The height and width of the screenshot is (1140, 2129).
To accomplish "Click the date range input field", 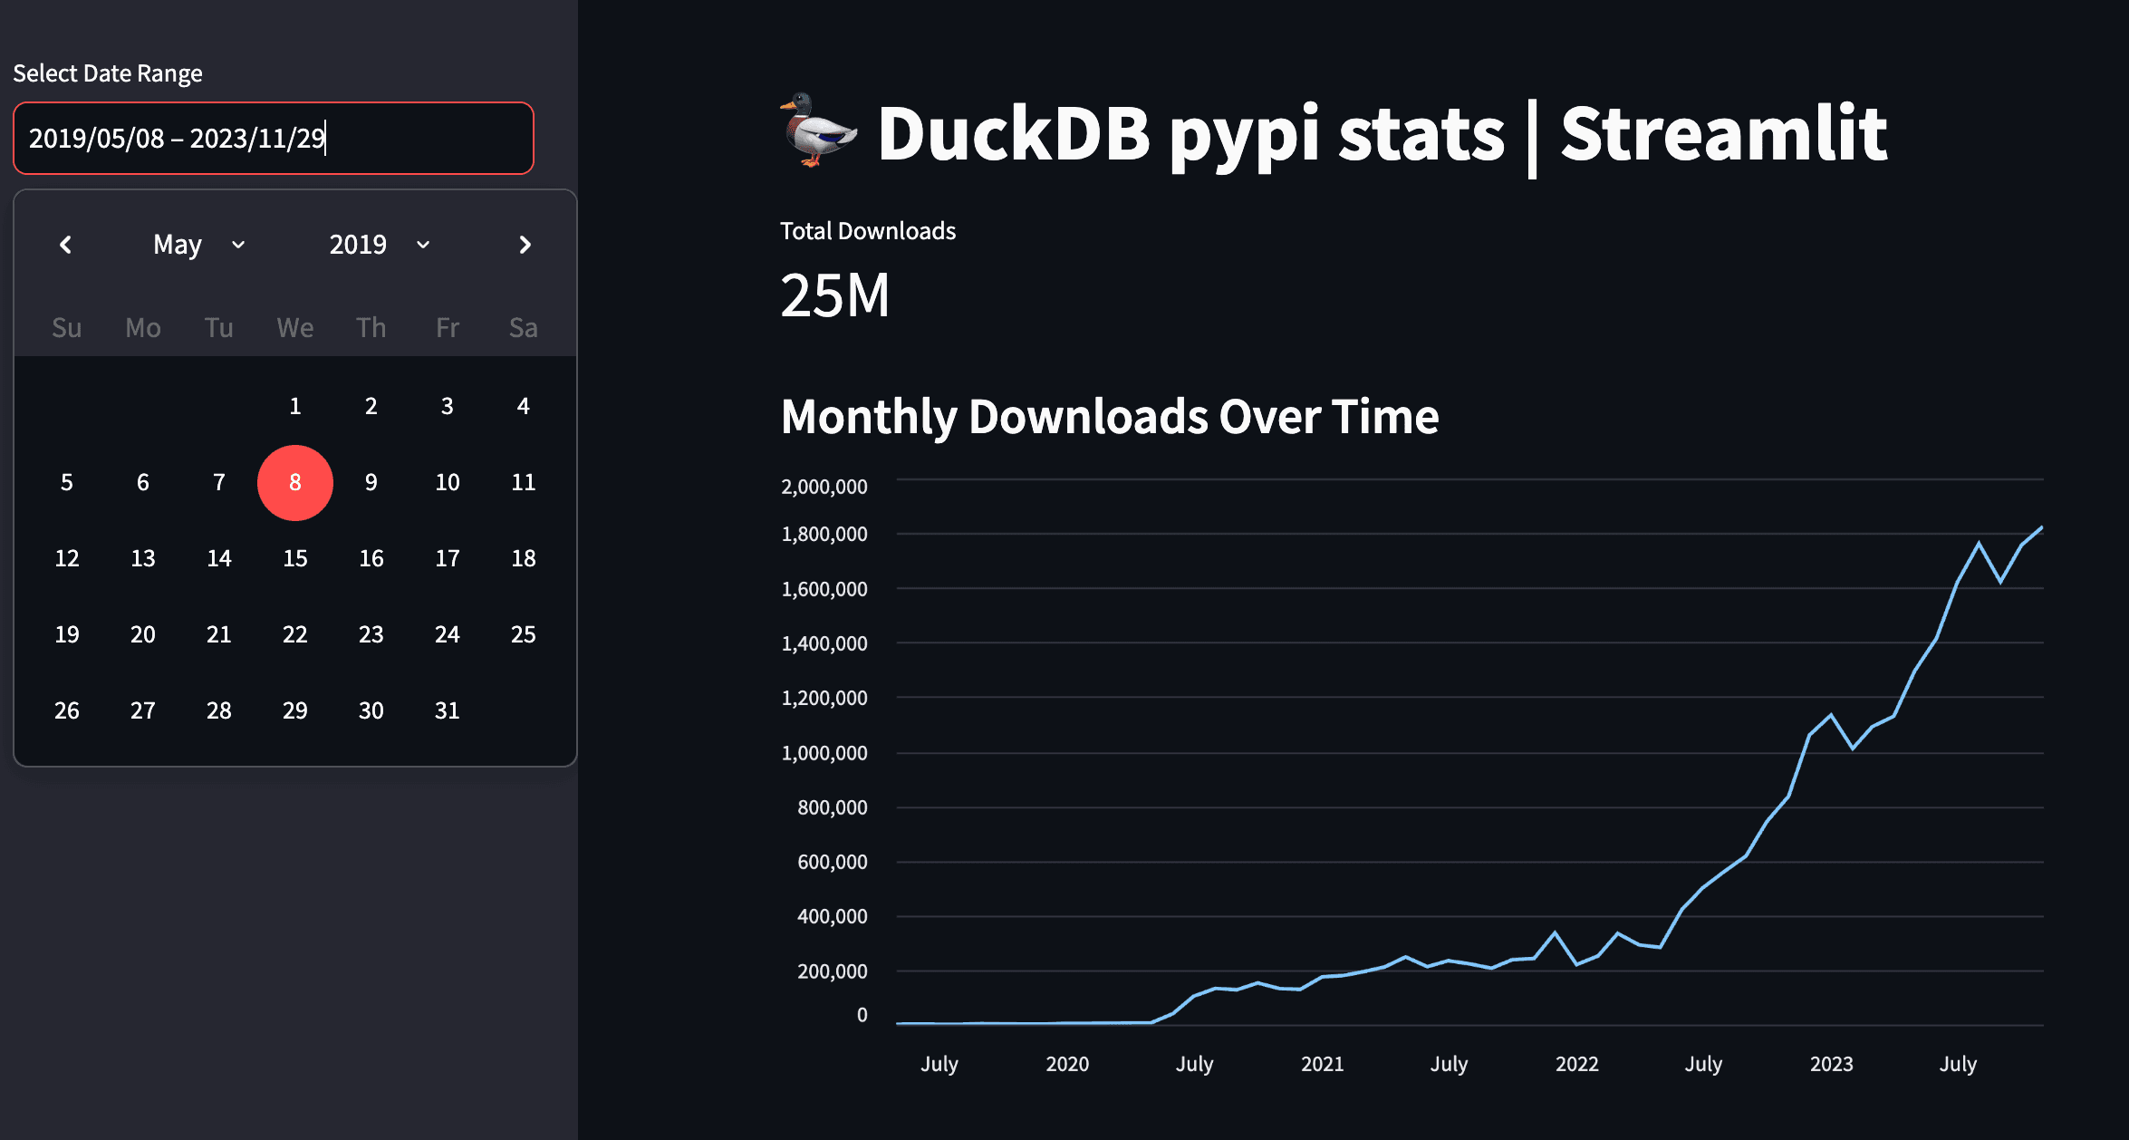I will (272, 138).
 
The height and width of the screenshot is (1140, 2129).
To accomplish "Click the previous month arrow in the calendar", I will (65, 245).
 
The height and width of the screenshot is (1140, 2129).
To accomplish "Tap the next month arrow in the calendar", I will (525, 245).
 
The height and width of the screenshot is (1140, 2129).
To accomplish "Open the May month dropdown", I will (199, 245).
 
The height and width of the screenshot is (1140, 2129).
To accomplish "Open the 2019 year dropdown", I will (379, 245).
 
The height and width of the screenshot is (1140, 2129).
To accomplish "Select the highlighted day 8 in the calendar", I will (295, 483).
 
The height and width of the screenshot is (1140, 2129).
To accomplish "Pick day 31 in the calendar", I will (448, 710).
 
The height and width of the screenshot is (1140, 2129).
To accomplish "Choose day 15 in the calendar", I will (295, 558).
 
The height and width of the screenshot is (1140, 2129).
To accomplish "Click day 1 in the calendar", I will (295, 406).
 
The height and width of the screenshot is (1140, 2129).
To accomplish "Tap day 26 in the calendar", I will (67, 710).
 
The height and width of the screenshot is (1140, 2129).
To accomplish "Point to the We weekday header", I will (295, 328).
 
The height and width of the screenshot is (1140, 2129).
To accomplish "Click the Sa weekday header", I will (524, 328).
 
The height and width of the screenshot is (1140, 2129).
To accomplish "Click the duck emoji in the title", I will (817, 130).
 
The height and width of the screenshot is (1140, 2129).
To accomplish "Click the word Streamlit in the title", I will (1723, 134).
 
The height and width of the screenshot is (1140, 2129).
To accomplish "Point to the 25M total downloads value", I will (834, 295).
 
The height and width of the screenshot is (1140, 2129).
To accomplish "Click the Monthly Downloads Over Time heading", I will (1109, 417).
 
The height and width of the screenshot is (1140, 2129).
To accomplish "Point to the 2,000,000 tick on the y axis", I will (824, 487).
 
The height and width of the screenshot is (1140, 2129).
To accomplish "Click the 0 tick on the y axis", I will (862, 1015).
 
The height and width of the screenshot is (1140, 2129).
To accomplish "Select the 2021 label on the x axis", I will (1322, 1064).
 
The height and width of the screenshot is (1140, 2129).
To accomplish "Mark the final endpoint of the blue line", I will (2041, 527).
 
